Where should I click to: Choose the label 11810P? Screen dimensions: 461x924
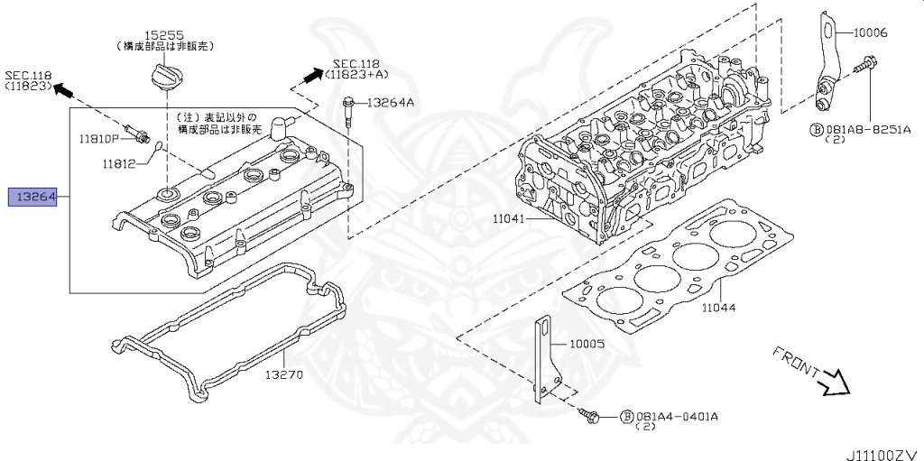pos(97,139)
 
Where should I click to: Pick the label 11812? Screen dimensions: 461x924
pos(118,163)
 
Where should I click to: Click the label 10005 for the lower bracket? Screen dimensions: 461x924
pos(587,344)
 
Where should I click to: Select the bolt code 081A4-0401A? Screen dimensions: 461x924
pos(678,417)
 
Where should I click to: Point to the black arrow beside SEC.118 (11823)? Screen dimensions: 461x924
pos(63,89)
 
